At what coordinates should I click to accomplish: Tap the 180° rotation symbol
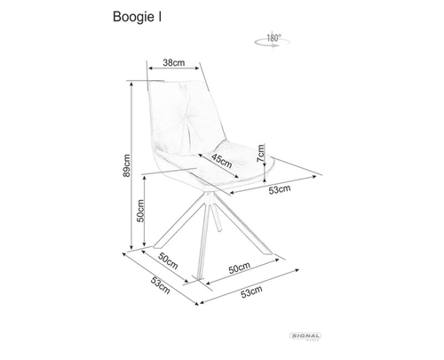click(x=272, y=41)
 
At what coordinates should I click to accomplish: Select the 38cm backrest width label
click(x=174, y=62)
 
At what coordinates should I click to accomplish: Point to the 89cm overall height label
click(x=127, y=165)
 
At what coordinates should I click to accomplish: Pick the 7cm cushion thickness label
click(x=261, y=153)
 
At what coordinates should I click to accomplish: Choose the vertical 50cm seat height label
click(x=140, y=211)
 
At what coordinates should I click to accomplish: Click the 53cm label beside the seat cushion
click(x=280, y=189)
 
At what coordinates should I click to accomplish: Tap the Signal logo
click(x=305, y=336)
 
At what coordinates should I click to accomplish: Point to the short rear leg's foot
click(x=219, y=228)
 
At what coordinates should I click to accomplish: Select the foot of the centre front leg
click(x=200, y=276)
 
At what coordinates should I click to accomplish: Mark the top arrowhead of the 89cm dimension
click(x=131, y=84)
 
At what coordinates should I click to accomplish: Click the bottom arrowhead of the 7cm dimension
click(x=265, y=180)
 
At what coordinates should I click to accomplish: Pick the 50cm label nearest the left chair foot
click(x=168, y=260)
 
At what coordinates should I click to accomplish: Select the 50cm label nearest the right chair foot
click(x=239, y=268)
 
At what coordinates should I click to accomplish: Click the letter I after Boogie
click(x=160, y=17)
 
